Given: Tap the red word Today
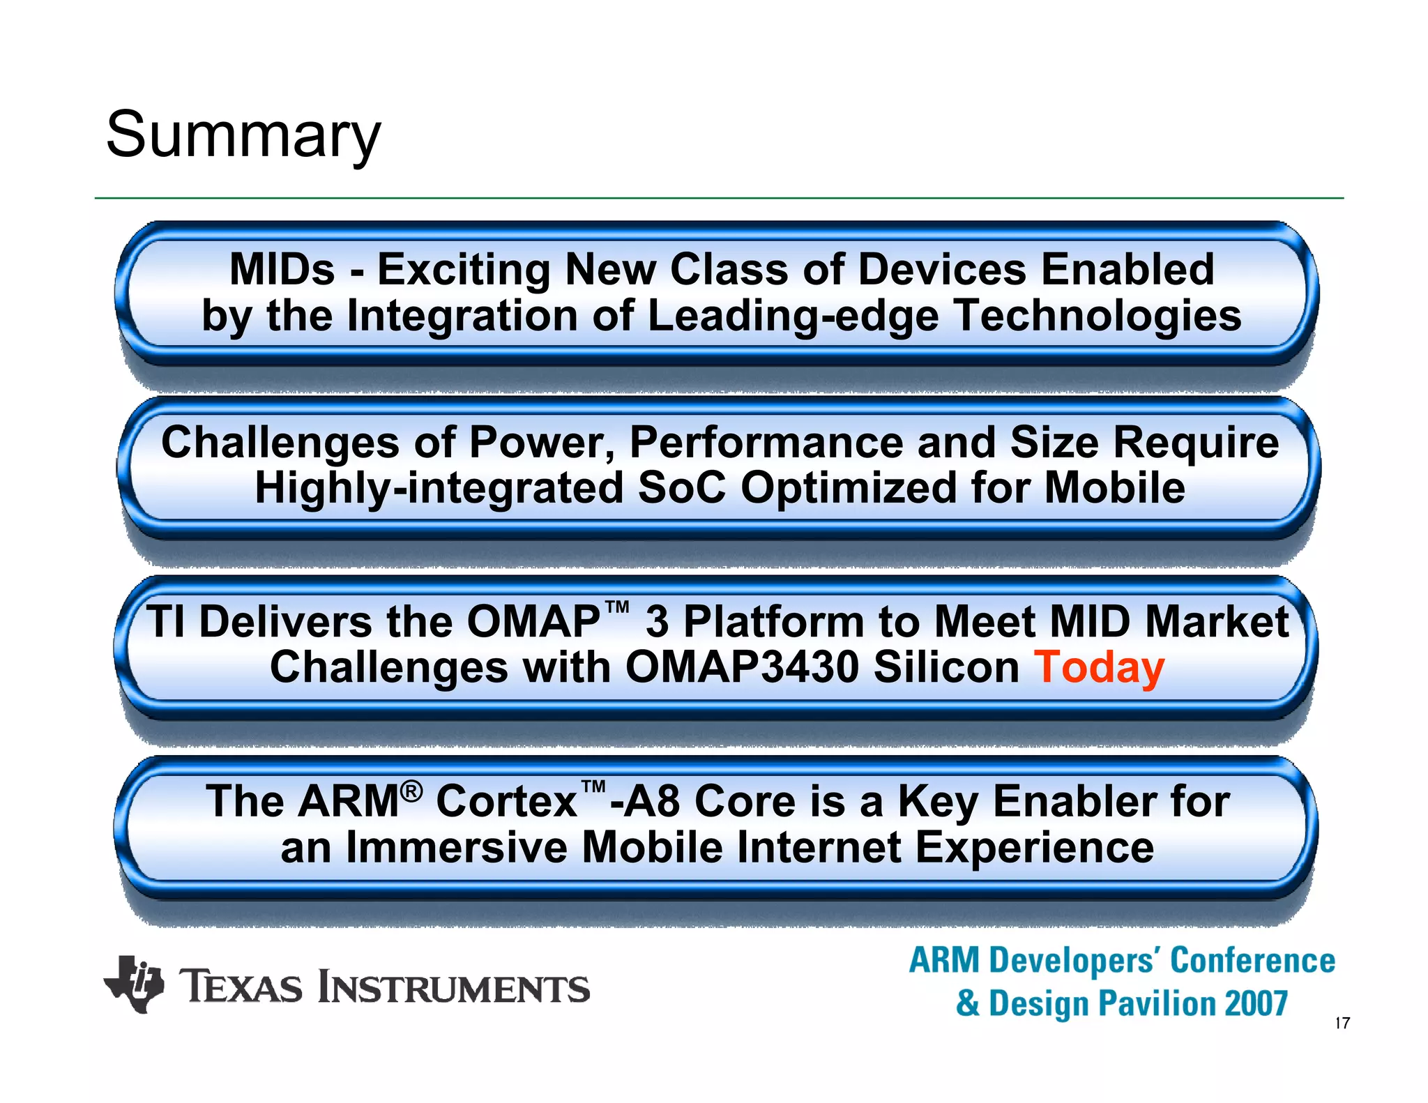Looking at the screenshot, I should (x=1099, y=668).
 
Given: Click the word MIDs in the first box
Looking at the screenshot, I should (x=282, y=269).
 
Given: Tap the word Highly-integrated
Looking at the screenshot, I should (x=439, y=487).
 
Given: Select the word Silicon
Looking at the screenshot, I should (x=946, y=668).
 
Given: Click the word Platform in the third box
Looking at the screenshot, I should (x=773, y=621).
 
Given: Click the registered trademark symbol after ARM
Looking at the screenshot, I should (x=412, y=791).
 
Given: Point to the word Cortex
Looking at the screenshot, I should (x=506, y=801).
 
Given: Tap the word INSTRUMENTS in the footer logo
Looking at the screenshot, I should (x=454, y=988).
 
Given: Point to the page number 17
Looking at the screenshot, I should (x=1342, y=1024).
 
